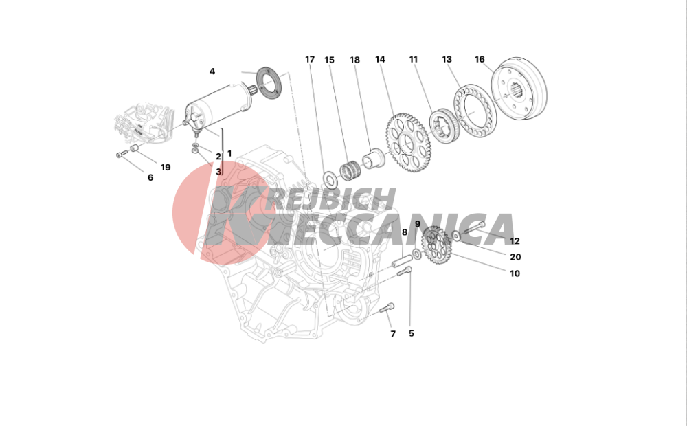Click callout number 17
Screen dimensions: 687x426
pos(310,59)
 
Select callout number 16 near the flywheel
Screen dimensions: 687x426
pos(480,59)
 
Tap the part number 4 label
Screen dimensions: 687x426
pos(212,71)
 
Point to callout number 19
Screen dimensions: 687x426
pos(165,167)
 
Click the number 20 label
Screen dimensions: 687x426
pos(515,257)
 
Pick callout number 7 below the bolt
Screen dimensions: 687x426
pos(393,334)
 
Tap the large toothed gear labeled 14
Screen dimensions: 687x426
pos(408,142)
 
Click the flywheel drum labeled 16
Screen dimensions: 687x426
pos(519,88)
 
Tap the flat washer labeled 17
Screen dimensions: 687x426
pos(330,179)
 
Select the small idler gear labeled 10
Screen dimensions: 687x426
pos(436,244)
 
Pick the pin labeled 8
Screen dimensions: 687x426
pos(402,260)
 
